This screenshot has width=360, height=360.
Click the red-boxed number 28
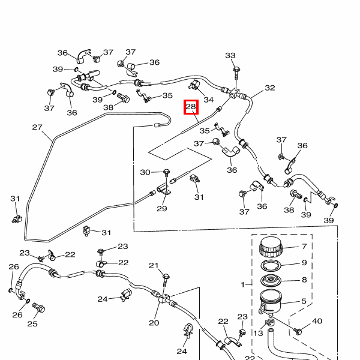191,107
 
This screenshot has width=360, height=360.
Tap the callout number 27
37,127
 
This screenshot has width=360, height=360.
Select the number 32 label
269,88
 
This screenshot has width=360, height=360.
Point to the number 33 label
230,56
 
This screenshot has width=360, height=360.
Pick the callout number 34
208,99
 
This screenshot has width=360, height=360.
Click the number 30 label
145,172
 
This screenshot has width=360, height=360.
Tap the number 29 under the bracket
162,208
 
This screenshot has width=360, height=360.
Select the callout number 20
154,323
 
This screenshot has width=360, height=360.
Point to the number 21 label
154,266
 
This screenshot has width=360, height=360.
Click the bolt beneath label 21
165,279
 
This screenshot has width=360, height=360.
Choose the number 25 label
32,324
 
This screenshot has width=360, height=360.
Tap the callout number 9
304,263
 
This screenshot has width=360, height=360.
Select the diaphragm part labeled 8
273,280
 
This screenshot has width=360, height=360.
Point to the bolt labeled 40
299,330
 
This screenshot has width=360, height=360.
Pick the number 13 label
259,334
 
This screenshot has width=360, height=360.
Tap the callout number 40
317,321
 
